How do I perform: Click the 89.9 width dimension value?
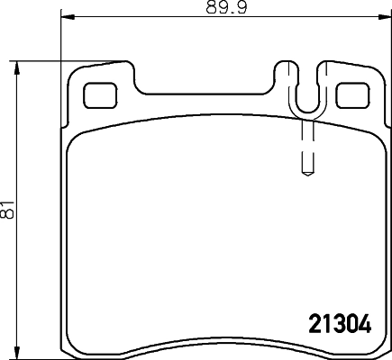click(x=226, y=7)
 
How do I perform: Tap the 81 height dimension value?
click(x=6, y=209)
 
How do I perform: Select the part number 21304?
click(x=341, y=324)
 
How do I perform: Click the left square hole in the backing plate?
click(x=100, y=95)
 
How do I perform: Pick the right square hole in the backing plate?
click(x=352, y=95)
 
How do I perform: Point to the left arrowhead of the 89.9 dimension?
click(x=67, y=16)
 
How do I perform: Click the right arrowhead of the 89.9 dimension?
click(x=385, y=16)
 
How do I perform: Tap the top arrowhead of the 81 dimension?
click(x=17, y=67)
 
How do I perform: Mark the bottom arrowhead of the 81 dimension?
click(x=17, y=352)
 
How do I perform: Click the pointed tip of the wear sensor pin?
click(x=307, y=175)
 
